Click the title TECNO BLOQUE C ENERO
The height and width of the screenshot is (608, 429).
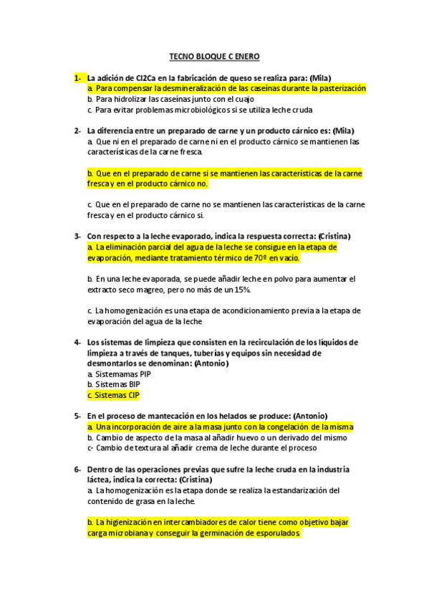click(x=214, y=55)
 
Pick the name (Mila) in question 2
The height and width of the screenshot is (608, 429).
click(x=343, y=130)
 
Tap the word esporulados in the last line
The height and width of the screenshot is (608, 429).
click(x=279, y=533)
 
